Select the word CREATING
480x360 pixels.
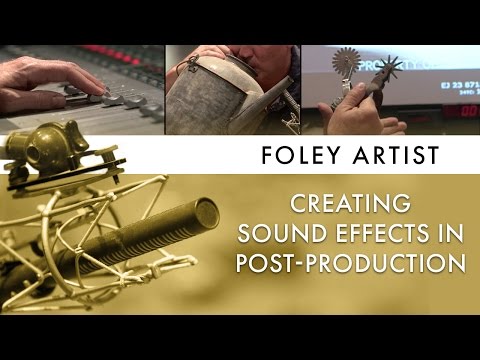coord(350,205)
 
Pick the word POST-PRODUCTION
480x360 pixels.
coord(350,263)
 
